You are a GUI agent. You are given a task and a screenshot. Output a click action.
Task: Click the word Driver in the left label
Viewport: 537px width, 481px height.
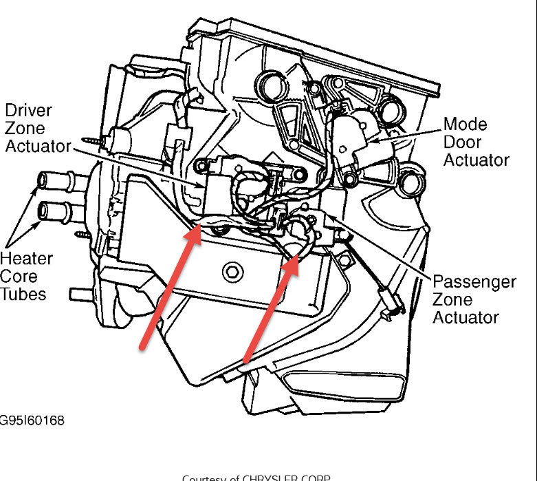[28, 110]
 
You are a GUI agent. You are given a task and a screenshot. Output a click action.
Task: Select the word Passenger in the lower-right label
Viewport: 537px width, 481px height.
[474, 282]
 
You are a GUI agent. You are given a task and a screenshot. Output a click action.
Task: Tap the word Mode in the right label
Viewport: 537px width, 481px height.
[465, 125]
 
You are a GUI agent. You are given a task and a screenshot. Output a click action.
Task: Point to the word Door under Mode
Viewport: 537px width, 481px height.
[463, 142]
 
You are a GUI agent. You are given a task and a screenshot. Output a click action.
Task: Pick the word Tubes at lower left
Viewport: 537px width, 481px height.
[23, 295]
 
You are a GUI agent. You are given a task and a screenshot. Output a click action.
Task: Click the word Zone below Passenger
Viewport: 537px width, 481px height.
[452, 300]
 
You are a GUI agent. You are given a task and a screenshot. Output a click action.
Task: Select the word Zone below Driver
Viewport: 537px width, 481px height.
[25, 128]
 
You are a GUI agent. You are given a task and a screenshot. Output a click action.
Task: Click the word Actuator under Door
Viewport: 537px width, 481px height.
[476, 160]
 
